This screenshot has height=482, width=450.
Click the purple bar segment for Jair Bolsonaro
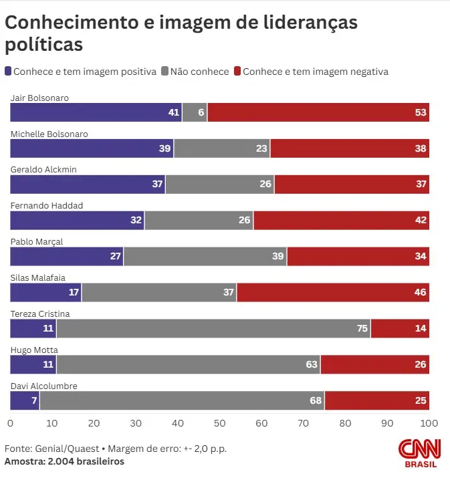click(x=96, y=112)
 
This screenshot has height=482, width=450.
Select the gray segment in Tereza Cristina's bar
click(x=213, y=328)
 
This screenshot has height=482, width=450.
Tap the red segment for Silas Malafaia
click(x=333, y=292)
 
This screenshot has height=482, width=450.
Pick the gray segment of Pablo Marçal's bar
click(x=205, y=256)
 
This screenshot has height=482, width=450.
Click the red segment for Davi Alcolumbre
click(x=376, y=400)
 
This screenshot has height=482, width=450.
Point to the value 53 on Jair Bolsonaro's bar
click(x=421, y=112)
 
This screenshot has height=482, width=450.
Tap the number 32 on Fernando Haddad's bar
click(x=136, y=220)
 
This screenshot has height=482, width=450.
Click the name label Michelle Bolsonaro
click(x=49, y=134)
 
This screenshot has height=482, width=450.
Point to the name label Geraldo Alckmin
click(x=43, y=170)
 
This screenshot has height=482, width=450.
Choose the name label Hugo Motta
click(x=34, y=350)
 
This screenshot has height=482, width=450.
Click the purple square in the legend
click(x=8, y=72)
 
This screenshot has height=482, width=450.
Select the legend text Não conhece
click(x=200, y=72)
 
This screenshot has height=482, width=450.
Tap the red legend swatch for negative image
click(x=237, y=72)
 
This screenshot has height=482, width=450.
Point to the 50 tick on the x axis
click(x=219, y=423)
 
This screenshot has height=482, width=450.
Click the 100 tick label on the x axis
click(x=429, y=423)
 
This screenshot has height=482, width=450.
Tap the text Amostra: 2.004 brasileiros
click(x=64, y=461)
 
